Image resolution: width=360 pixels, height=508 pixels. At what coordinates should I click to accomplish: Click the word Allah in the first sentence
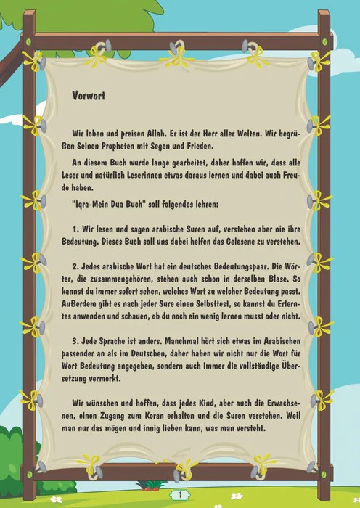point(155,133)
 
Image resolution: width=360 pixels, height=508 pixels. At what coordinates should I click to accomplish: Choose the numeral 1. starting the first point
point(75,229)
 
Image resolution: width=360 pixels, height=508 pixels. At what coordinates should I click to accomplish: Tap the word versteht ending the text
point(245,427)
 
